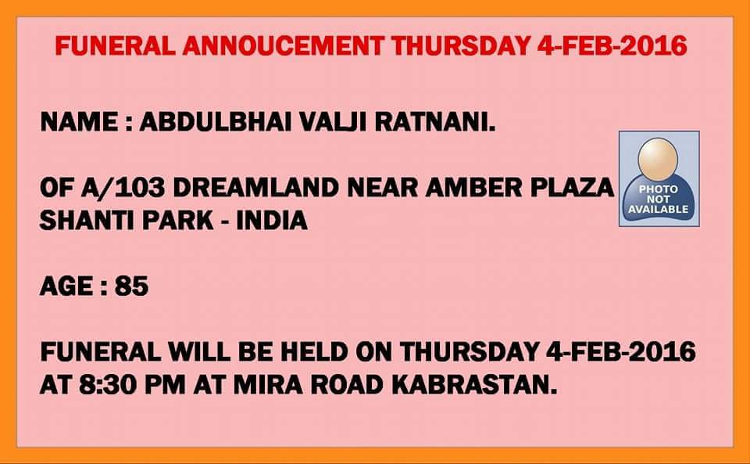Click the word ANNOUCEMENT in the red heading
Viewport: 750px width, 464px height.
pos(283,46)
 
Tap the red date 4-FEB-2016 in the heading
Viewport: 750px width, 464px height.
pos(612,46)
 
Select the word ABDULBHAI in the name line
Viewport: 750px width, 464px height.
pos(216,122)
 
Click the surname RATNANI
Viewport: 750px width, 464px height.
pos(435,122)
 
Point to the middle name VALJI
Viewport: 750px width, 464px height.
pos(333,122)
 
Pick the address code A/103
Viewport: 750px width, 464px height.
pos(123,188)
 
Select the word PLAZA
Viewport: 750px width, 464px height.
pos(572,188)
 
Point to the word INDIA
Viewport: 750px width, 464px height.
pos(272,221)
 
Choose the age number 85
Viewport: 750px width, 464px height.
pos(131,286)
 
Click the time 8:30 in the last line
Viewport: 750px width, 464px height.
pos(108,384)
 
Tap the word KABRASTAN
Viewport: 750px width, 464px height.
pos(474,384)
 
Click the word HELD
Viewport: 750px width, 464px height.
pos(314,352)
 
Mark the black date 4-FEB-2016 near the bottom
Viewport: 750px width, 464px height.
pos(620,352)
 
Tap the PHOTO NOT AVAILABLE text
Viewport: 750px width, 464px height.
pos(658,200)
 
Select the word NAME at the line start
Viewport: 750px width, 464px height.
pos(79,122)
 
